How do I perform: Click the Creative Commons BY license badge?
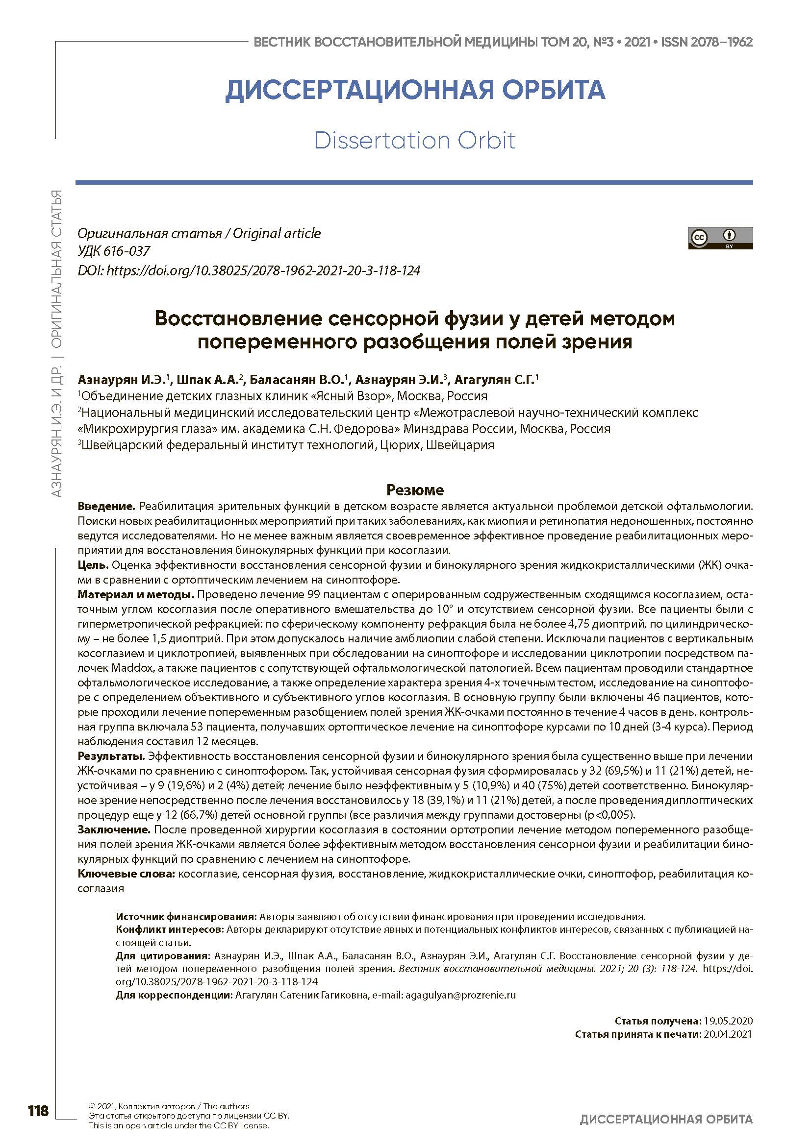point(720,238)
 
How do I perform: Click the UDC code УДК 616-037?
point(114,251)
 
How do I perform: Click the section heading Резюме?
point(415,489)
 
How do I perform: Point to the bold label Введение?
point(106,506)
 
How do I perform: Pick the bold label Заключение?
point(114,829)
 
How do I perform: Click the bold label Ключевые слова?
point(127,874)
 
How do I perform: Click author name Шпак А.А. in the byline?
point(208,380)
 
